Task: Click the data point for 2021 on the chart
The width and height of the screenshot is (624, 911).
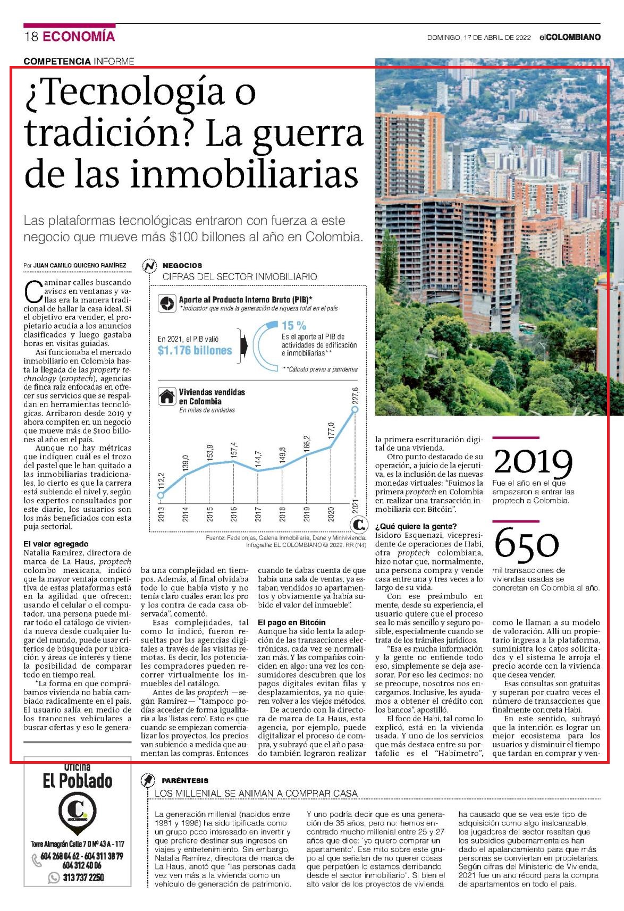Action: coord(355,409)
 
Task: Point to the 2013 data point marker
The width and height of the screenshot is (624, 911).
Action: coord(161,495)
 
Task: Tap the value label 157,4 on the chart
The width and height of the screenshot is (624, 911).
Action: coord(234,450)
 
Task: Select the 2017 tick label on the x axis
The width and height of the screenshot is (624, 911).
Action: coord(258,514)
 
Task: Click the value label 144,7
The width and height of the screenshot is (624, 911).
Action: coord(258,459)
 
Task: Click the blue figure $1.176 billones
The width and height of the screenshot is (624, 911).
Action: coord(195,350)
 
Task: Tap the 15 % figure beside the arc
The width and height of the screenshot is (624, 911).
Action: coord(294,325)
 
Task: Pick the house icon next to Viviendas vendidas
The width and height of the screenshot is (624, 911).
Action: coord(167,396)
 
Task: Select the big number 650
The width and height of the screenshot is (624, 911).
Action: coord(527,543)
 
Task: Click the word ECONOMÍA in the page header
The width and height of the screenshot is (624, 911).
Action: coord(79,36)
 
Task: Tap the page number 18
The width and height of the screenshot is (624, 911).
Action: coord(31,37)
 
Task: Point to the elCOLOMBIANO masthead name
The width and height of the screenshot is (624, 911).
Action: coord(570,37)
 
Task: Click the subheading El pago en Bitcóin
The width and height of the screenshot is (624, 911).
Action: coord(292,622)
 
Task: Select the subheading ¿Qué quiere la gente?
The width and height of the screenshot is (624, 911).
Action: coord(416,526)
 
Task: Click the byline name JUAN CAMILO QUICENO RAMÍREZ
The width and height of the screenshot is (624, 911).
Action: coord(80,265)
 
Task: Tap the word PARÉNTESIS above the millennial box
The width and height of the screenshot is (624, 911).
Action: coord(185,780)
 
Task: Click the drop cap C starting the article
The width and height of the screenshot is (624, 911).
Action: coord(33,292)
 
